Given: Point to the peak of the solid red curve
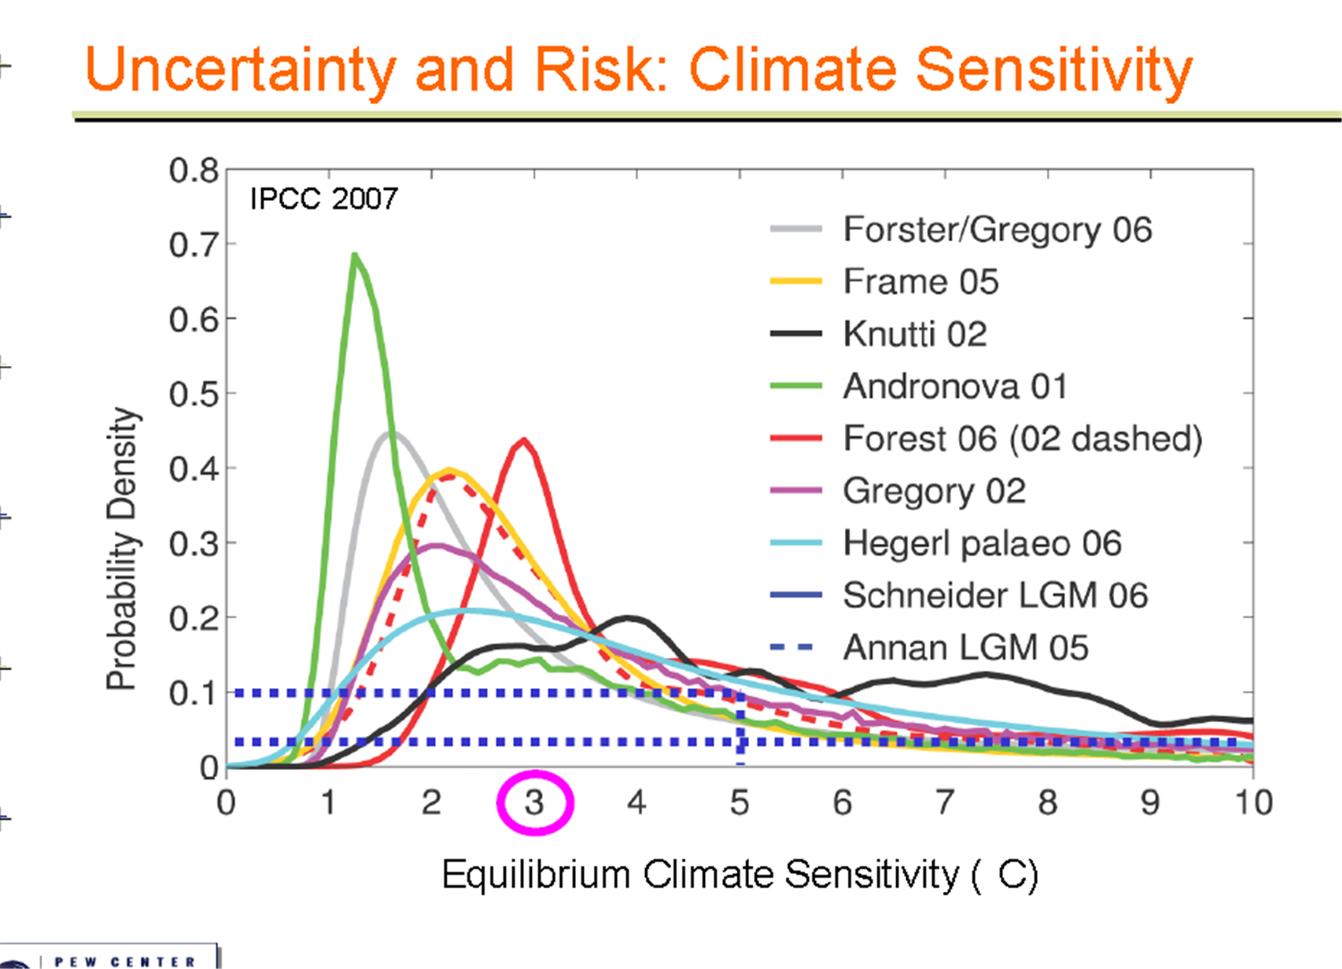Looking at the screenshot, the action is pos(524,440).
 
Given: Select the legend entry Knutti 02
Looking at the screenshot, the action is pos(914,334).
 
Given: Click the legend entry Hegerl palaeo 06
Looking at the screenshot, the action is pos(982,544).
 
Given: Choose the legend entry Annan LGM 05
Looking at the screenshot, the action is pos(965,648).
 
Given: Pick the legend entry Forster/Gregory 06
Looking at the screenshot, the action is pos(998,230).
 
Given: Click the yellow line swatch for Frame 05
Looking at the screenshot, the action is pos(796,281).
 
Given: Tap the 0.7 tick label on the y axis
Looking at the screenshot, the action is pos(194,245).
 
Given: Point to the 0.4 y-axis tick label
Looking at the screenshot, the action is pos(194,469).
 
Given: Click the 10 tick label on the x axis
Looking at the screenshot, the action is pos(1254,802).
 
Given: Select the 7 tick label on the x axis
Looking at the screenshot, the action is pos(945,802).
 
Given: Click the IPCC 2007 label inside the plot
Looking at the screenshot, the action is pos(324,198).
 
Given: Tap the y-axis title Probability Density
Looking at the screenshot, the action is pos(122,548).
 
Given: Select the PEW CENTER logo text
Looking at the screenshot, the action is pos(125,962).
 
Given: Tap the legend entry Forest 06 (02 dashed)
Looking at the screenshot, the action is pos(1023,439).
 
